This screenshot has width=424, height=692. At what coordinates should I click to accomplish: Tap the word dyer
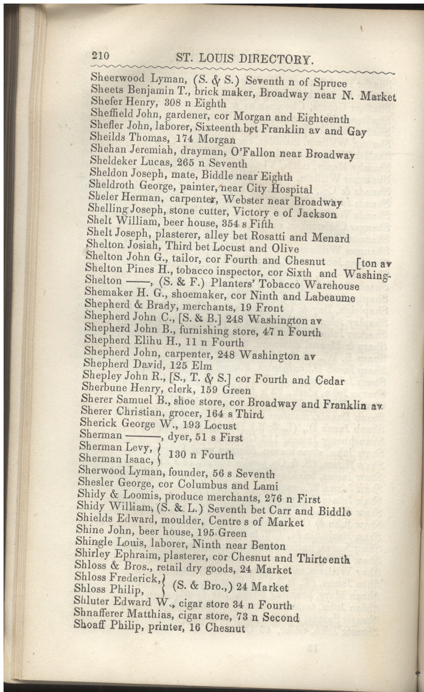tap(179, 437)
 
